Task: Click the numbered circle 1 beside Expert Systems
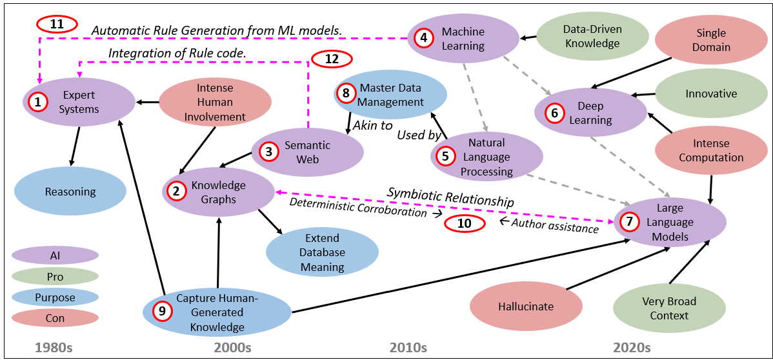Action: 39,102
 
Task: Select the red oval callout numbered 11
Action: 57,25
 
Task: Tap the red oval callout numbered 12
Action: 332,59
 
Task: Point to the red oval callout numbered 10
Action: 465,223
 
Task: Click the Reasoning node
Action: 70,192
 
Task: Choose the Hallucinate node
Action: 526,306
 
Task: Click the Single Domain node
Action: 710,39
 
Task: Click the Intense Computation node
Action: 710,150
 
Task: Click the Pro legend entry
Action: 55,276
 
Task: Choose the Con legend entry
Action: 55,318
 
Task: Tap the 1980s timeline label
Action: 54,348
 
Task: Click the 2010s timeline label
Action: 408,348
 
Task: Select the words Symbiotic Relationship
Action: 450,197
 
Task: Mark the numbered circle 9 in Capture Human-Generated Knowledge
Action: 163,311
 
